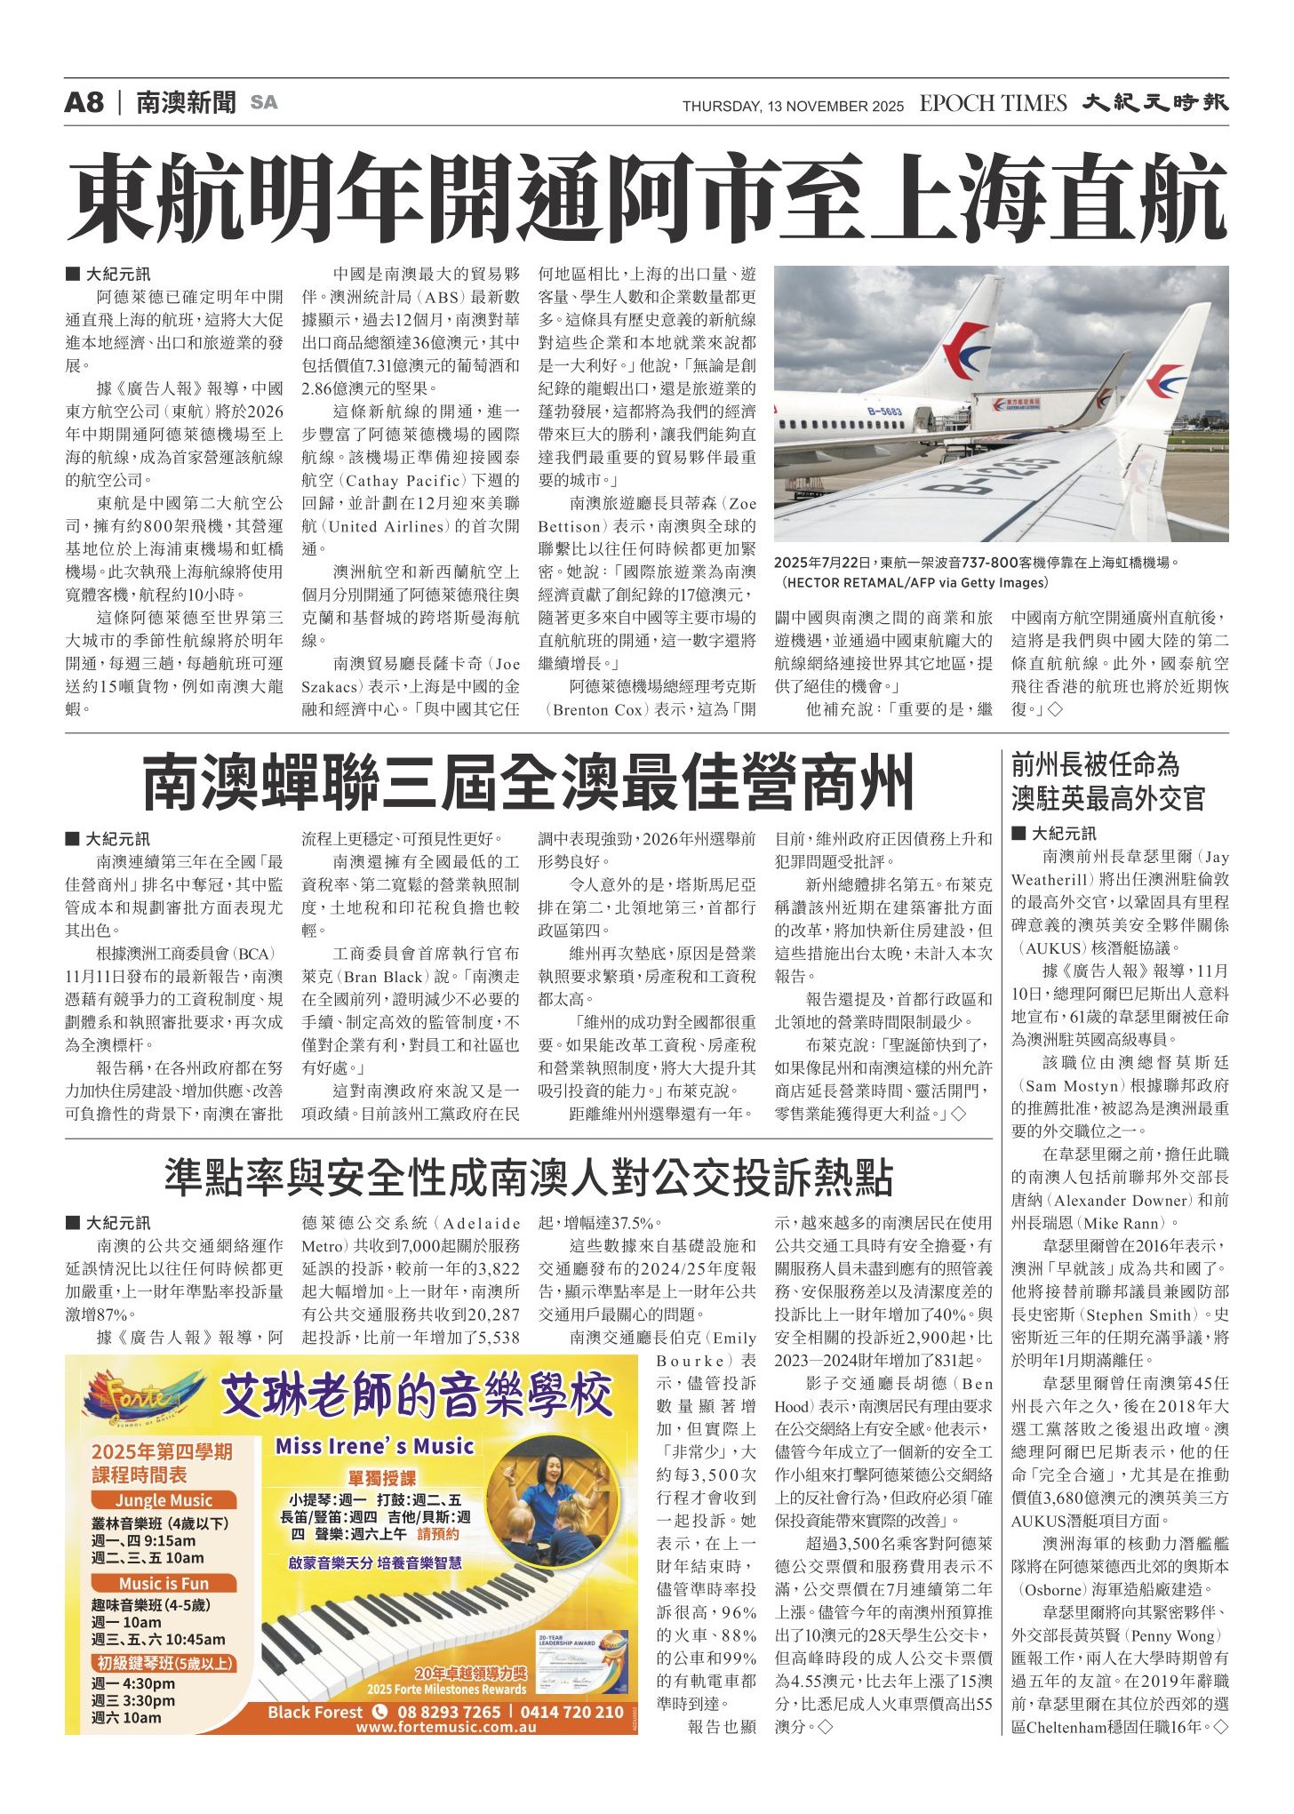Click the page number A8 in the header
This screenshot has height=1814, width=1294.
click(x=84, y=102)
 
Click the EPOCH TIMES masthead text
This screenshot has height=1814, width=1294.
click(x=993, y=103)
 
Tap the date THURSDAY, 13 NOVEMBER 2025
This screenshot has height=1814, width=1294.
click(x=793, y=107)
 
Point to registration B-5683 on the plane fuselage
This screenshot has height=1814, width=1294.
click(x=884, y=411)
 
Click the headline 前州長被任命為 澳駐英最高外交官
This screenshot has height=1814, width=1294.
click(x=1107, y=781)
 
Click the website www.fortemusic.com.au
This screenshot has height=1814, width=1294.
click(x=446, y=1727)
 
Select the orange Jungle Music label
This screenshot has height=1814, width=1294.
click(x=164, y=1500)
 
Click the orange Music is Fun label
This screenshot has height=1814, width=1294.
click(x=164, y=1583)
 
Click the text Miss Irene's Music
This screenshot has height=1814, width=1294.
click(x=374, y=1446)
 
